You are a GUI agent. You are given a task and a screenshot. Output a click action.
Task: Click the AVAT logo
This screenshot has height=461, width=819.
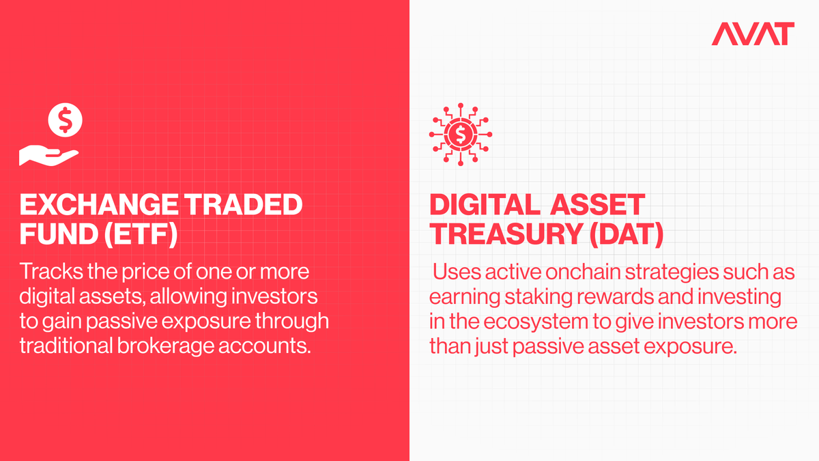pos(753,33)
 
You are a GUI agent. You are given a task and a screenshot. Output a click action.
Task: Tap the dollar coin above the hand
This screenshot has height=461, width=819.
pos(65,120)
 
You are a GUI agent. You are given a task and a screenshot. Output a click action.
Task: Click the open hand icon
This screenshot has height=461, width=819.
pos(48,156)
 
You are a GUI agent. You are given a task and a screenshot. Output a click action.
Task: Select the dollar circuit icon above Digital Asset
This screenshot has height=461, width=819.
pos(461,135)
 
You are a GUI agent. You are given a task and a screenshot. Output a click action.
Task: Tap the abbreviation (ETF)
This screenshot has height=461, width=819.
pos(141,234)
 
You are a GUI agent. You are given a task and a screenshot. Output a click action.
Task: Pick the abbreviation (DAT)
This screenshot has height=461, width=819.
pos(627,234)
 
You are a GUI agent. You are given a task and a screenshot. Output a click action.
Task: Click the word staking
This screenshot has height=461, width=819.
pos(538,297)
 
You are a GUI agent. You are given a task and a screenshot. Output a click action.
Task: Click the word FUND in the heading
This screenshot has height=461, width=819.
pos(59,234)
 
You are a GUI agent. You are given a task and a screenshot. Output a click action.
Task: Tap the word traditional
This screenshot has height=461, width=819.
pos(66,346)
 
